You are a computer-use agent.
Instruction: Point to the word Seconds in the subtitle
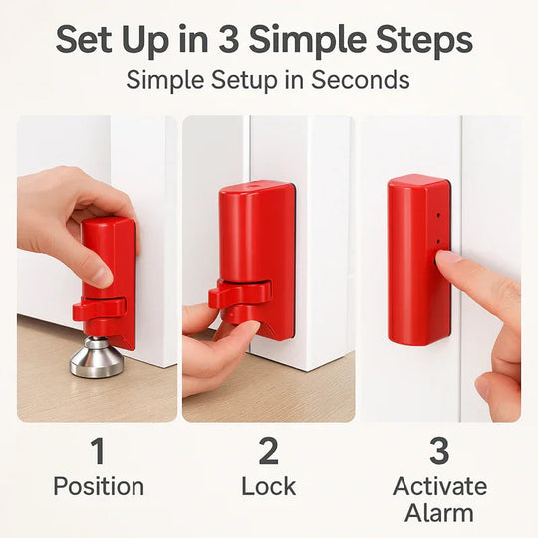pyautogui.click(x=359, y=80)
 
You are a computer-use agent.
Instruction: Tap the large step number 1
pyautogui.click(x=98, y=452)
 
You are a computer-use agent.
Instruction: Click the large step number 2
pyautogui.click(x=268, y=452)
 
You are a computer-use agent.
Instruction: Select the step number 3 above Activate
pyautogui.click(x=439, y=452)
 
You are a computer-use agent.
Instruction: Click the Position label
pyautogui.click(x=98, y=487)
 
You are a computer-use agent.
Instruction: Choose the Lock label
pyautogui.click(x=268, y=487)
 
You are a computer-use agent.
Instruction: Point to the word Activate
pyautogui.click(x=439, y=487)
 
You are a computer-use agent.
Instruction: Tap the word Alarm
pyautogui.click(x=439, y=514)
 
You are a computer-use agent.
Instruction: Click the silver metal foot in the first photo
pyautogui.click(x=96, y=358)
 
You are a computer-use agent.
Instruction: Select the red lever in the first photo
pyautogui.click(x=98, y=309)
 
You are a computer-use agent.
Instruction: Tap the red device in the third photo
pyautogui.click(x=417, y=259)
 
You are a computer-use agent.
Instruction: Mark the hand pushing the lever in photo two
pyautogui.click(x=214, y=349)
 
